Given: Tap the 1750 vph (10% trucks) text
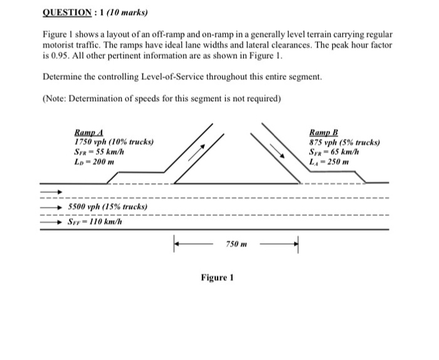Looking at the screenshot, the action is pos(114,142).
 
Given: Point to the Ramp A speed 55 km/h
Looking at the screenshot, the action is pos(101,152).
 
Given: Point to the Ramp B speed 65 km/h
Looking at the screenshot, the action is pos(337,152).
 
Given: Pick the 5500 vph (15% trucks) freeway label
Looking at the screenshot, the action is pos(107,206).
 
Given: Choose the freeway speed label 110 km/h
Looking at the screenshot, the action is pos(95,221).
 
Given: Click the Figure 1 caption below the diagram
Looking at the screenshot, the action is pos(217,276).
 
